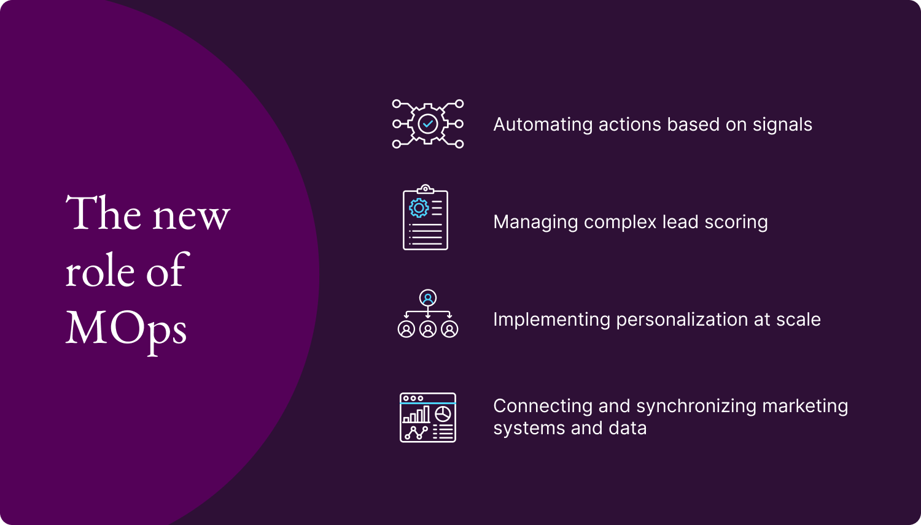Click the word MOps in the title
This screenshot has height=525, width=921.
(x=126, y=329)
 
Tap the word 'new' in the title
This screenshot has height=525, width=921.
(x=191, y=215)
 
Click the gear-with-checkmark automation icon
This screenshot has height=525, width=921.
(x=428, y=124)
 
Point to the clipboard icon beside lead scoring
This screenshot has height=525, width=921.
(x=426, y=218)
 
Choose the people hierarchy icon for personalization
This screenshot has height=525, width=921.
(x=428, y=314)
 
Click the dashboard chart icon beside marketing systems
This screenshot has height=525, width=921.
(x=428, y=417)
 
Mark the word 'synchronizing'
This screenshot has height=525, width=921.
(x=696, y=406)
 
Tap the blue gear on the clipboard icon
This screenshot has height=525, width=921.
(x=419, y=208)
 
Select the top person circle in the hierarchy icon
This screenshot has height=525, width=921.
(x=428, y=298)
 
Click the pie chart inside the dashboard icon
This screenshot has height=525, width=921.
(x=443, y=414)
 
